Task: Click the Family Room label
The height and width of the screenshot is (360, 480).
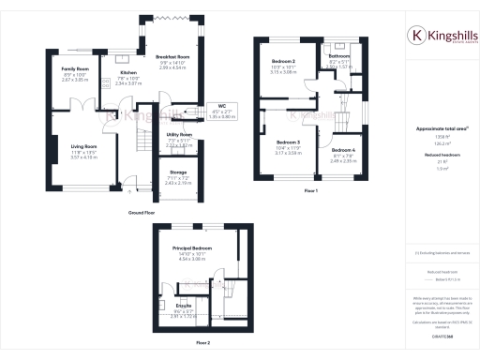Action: [x=75, y=69]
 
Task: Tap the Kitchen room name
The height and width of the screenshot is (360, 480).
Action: [x=128, y=72]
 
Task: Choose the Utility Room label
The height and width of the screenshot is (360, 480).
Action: [x=152, y=135]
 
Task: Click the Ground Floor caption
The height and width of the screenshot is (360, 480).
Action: [x=142, y=213]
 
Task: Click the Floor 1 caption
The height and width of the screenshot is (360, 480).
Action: [x=310, y=190]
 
